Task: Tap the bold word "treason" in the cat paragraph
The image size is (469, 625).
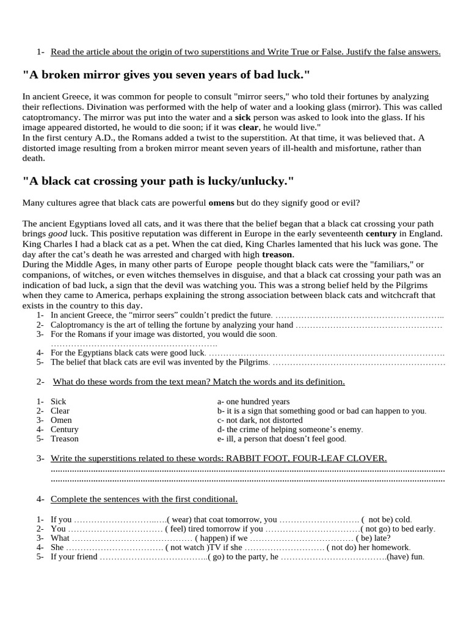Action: (x=278, y=254)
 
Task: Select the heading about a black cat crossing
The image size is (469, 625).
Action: (x=158, y=181)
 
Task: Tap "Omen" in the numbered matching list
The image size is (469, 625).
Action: (x=61, y=420)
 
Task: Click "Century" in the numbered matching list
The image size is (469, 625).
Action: (x=64, y=429)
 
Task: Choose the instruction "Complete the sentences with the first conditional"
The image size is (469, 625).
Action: (x=144, y=499)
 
